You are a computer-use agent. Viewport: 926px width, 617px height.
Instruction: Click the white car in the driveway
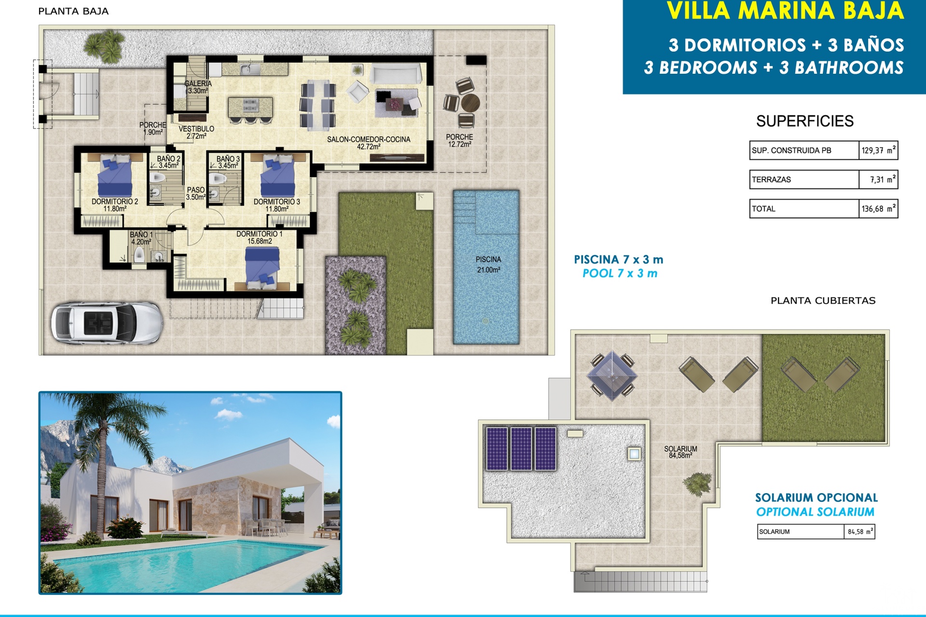click(x=107, y=323)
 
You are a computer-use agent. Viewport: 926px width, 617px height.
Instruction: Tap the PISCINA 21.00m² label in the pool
click(x=489, y=265)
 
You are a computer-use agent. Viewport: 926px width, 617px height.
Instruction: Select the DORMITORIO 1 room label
click(x=259, y=237)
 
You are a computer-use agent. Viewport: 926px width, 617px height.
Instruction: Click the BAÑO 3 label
click(x=228, y=162)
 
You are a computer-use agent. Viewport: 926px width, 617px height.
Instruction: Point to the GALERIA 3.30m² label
click(x=198, y=87)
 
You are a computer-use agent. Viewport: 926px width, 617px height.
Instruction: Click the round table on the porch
click(x=470, y=103)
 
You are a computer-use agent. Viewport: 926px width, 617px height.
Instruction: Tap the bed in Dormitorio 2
click(x=115, y=175)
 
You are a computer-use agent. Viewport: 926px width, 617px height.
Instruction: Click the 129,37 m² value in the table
click(x=878, y=150)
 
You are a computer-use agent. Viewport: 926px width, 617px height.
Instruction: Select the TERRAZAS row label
click(x=771, y=179)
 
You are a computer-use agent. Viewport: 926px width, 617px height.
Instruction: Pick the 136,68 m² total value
click(x=878, y=208)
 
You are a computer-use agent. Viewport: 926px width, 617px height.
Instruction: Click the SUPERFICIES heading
click(x=804, y=121)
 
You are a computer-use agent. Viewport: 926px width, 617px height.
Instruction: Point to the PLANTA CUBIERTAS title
click(x=823, y=301)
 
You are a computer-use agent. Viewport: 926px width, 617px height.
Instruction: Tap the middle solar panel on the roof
click(x=521, y=448)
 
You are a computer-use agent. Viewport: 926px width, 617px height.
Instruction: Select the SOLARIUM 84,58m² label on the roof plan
click(x=681, y=452)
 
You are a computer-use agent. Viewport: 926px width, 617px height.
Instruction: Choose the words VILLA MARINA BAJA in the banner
click(x=785, y=11)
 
